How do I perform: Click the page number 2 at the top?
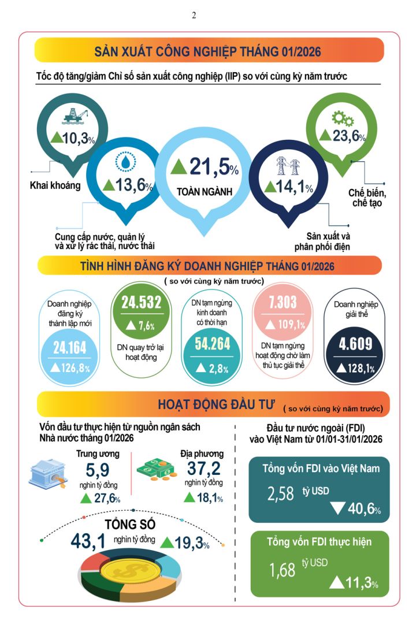[194, 16]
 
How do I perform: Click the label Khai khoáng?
[55, 185]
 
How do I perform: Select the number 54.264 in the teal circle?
[213, 344]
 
